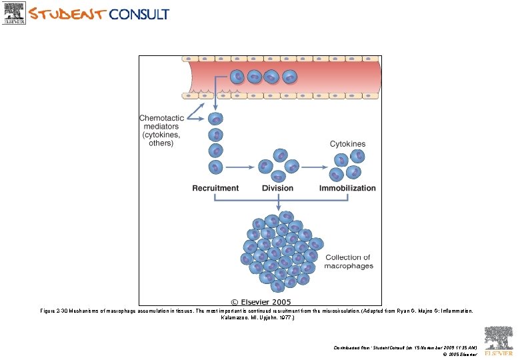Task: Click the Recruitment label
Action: click(x=215, y=188)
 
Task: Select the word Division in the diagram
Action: click(x=277, y=188)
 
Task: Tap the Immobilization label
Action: click(x=347, y=188)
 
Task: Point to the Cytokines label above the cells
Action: click(x=347, y=144)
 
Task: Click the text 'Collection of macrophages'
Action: click(x=348, y=261)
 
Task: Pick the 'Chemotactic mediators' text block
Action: click(x=160, y=129)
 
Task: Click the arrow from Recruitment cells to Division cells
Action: click(x=241, y=165)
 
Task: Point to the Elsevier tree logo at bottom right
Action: click(x=498, y=339)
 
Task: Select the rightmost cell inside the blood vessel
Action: click(x=289, y=78)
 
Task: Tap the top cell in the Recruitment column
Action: click(x=215, y=119)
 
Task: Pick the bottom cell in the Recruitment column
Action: click(x=215, y=167)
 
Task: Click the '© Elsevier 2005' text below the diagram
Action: click(x=261, y=302)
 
